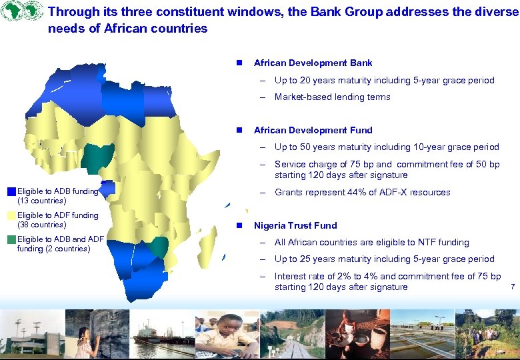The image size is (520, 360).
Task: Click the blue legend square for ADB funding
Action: point(11,192)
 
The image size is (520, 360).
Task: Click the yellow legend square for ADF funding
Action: point(11,215)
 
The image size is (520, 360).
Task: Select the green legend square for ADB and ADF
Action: point(11,239)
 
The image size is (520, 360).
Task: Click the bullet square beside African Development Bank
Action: point(237,63)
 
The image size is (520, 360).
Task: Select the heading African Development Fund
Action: point(313,130)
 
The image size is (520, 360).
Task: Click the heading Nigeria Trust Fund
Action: point(295,225)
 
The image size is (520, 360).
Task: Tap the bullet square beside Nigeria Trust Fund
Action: point(237,226)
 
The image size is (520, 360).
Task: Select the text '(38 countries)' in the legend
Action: point(41,225)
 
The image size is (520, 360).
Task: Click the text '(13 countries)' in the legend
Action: point(41,201)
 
